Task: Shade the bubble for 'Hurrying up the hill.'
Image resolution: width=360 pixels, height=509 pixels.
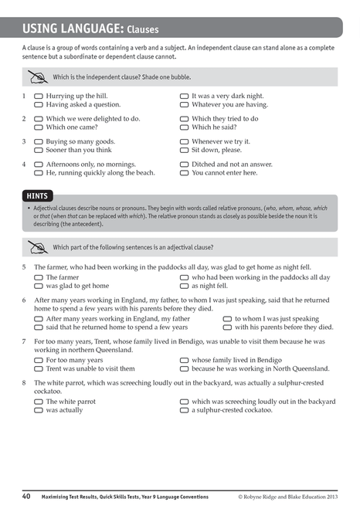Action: [39, 96]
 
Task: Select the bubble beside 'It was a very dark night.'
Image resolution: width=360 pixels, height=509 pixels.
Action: [185, 96]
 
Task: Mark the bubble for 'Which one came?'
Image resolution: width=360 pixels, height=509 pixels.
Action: [39, 127]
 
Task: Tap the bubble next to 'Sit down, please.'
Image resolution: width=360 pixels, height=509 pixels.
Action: [185, 151]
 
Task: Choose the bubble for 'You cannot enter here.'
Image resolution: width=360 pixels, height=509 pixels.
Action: [185, 173]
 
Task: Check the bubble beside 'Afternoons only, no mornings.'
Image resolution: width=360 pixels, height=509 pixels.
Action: [39, 165]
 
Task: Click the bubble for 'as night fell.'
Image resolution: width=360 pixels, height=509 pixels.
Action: [185, 286]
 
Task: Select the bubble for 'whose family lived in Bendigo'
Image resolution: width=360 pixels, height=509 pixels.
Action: [185, 360]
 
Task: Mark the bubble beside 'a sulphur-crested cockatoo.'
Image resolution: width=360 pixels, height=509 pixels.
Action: [185, 410]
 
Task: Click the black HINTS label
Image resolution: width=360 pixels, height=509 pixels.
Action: [37, 197]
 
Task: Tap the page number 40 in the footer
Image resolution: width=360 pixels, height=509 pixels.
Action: [26, 496]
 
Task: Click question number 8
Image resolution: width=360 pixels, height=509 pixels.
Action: [25, 382]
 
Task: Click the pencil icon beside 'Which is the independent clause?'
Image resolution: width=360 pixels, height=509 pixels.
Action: [36, 76]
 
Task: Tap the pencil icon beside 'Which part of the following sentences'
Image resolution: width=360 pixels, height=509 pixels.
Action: [36, 247]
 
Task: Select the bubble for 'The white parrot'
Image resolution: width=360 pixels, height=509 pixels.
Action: [39, 402]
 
